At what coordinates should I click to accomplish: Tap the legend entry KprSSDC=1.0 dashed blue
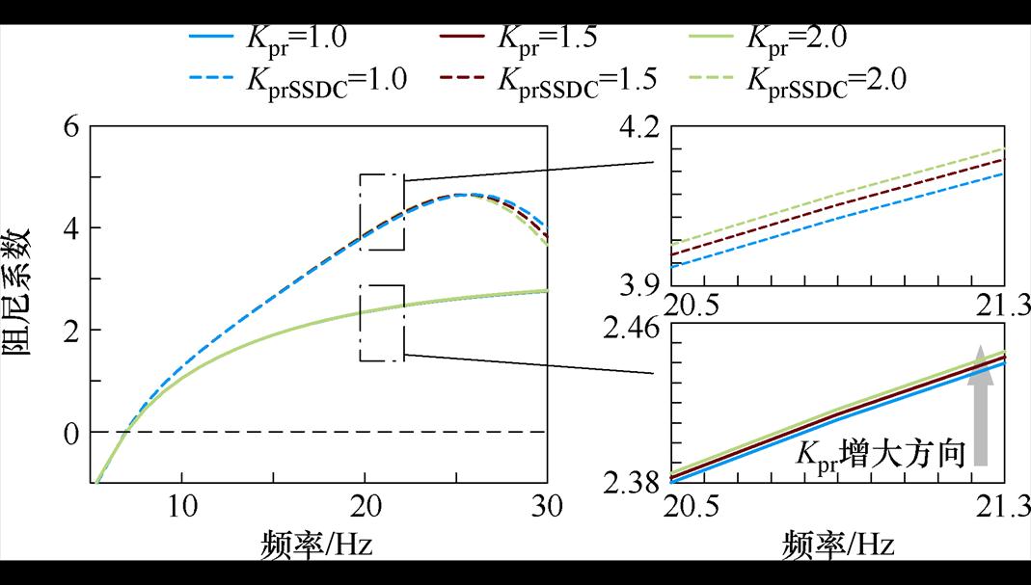point(298,79)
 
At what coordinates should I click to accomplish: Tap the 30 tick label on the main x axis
point(547,504)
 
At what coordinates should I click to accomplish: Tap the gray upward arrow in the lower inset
point(980,405)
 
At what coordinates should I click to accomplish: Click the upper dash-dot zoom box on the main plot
point(382,212)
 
